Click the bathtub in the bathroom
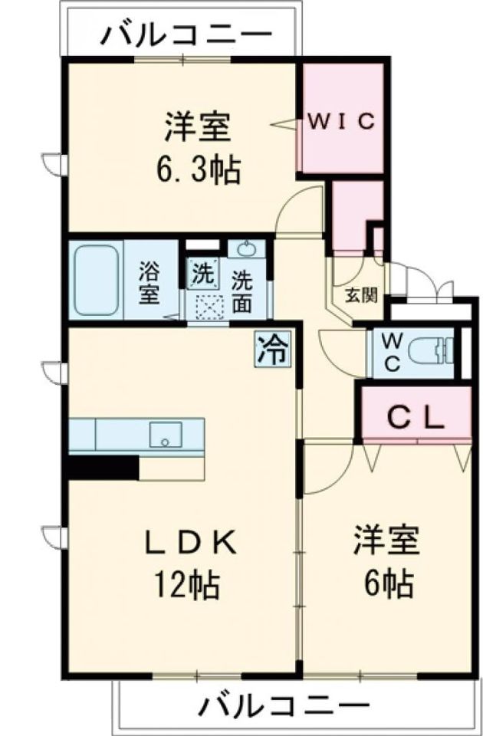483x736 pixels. click(96, 280)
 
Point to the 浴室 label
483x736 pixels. click(149, 284)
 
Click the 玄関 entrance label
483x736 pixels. click(360, 294)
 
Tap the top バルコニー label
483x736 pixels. click(187, 34)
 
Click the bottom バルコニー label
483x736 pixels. click(287, 705)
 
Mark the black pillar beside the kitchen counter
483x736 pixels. click(103, 467)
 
